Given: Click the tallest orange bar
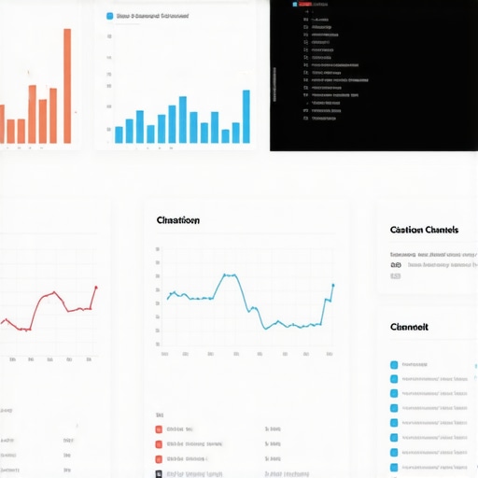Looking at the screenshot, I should tap(67, 86).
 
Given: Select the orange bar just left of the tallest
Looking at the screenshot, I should tap(53, 116).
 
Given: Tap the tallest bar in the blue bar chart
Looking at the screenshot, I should tap(246, 117).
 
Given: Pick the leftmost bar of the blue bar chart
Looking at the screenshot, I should tap(119, 134).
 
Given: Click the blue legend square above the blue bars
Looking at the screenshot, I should tap(109, 16).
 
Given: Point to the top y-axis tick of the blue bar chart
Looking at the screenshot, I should tap(109, 36).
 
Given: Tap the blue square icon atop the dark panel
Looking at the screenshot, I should tap(296, 5).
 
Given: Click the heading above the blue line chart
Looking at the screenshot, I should tap(177, 221).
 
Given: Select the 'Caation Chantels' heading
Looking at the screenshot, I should tap(424, 230).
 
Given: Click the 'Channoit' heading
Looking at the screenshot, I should tap(409, 328).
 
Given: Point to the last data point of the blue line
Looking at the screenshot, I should tap(333, 286).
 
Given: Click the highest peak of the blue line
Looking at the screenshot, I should tap(227, 275).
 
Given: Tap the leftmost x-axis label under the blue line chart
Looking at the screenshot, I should tap(164, 355).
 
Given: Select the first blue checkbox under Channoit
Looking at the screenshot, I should tap(394, 365).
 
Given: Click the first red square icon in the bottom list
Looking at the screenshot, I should tap(160, 430).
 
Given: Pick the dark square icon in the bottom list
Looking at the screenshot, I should tap(160, 473).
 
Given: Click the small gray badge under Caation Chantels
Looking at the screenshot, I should tap(395, 276).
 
